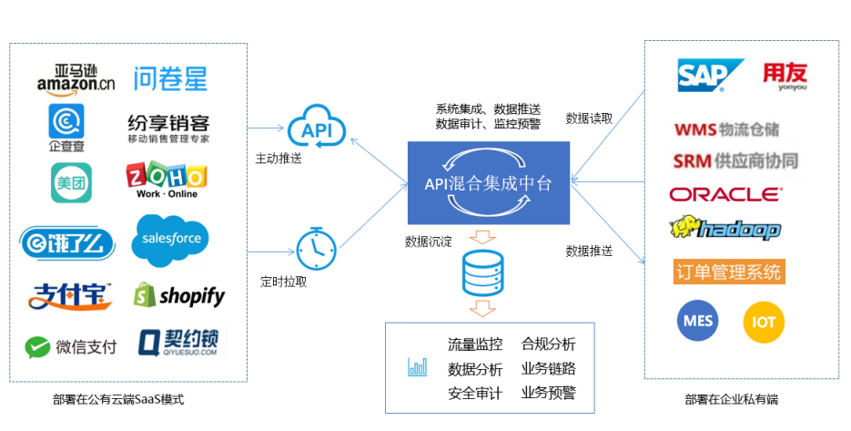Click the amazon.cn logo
tap(76, 77)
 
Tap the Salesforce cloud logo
tap(171, 239)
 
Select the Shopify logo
tap(178, 294)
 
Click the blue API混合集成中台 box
tap(489, 183)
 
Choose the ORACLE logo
tap(724, 194)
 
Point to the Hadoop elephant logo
tap(725, 229)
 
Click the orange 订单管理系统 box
tap(728, 272)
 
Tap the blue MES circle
tap(696, 321)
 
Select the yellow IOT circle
tap(764, 322)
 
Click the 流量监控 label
tap(475, 344)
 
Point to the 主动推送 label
tap(279, 159)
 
